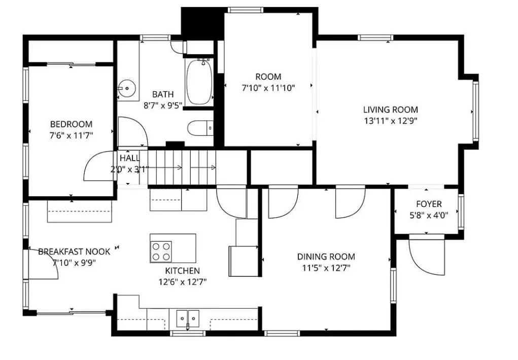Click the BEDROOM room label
point(71,124)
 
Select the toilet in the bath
point(200,128)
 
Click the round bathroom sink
point(127,89)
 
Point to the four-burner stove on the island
point(161,251)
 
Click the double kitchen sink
point(188,318)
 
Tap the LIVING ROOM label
point(391,110)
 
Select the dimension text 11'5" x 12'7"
point(326,268)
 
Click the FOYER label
point(429,204)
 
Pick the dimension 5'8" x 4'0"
point(429,215)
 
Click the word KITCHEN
point(182,271)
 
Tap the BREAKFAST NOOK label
point(74,251)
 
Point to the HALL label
point(129,158)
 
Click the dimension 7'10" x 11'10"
point(268,88)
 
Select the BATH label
point(163,94)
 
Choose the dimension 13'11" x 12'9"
point(391,121)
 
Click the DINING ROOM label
point(326,257)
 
